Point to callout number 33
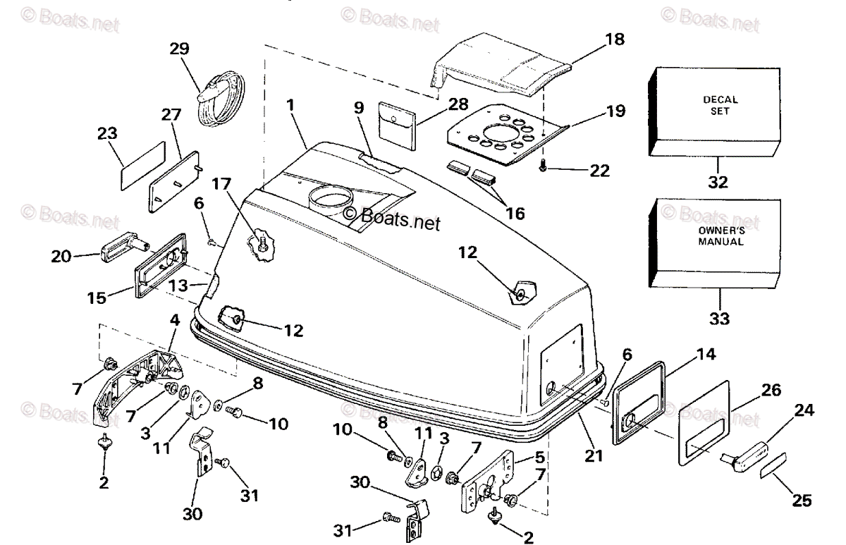721,317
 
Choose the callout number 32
721,182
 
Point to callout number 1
290,104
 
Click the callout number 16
515,212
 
